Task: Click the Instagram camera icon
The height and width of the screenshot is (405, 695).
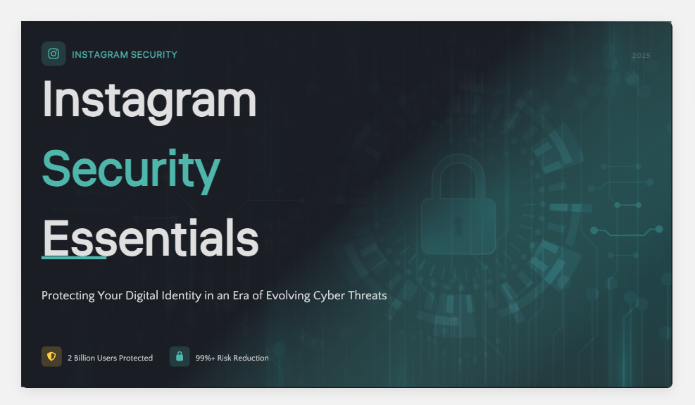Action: coord(54,54)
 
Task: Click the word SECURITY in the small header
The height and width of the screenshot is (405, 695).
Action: coord(154,54)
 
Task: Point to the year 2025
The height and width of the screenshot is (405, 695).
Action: coord(641,56)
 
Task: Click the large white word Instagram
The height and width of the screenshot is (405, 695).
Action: coord(149,101)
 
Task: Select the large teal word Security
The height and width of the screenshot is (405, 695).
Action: coord(131,170)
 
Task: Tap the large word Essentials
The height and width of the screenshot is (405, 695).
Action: coord(150,238)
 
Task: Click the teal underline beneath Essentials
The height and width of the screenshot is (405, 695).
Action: coord(74,257)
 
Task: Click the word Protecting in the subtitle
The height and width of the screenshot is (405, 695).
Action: coord(68,296)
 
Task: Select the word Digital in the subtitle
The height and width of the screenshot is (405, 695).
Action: coord(142,295)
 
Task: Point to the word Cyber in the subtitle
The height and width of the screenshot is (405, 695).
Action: coord(329,296)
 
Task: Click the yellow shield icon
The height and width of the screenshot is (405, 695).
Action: coord(51,356)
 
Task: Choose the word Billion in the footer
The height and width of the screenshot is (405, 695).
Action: coord(84,358)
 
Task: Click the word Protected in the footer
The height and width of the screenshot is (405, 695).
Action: coord(136,358)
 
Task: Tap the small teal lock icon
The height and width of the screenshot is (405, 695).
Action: coord(180,356)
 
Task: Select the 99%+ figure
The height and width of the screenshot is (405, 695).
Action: coord(205,358)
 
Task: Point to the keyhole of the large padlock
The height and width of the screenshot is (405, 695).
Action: coord(458,226)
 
